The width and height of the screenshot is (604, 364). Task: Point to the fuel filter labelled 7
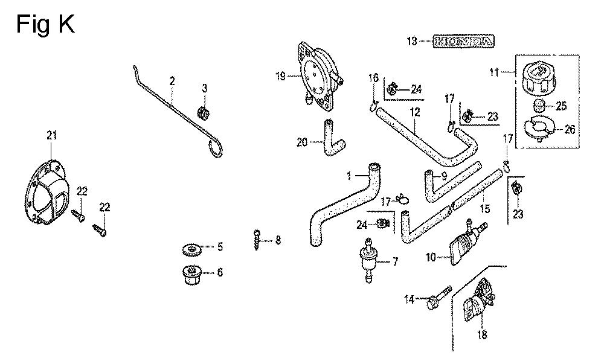(x=366, y=260)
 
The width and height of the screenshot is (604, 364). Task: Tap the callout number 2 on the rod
(x=172, y=80)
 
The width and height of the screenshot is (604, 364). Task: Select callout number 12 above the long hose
(x=415, y=112)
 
